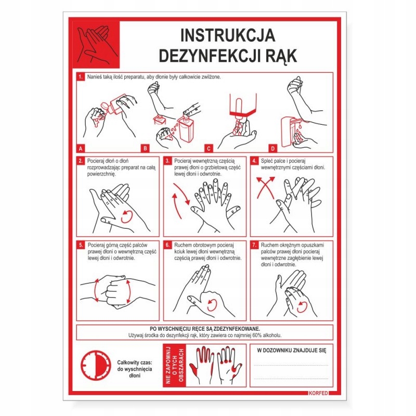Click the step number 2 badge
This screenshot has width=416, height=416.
click(81, 161)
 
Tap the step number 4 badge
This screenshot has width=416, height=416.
click(254, 161)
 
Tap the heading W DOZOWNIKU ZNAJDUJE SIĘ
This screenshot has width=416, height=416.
click(292, 350)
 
